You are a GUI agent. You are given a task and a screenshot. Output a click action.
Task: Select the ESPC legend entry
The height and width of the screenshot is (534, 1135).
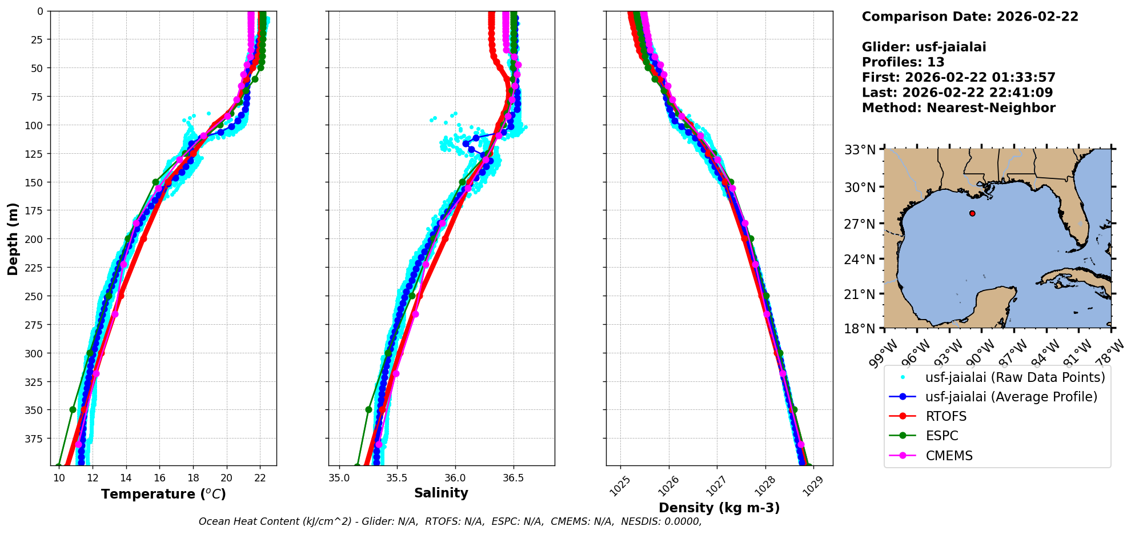point(942,436)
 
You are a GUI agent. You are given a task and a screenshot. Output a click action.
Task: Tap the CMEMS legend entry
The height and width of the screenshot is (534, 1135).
point(949,456)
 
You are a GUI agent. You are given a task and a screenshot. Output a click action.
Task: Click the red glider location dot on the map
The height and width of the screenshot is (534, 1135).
point(972,213)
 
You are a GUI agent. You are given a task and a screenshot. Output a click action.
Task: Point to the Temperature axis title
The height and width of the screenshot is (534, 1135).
point(163,494)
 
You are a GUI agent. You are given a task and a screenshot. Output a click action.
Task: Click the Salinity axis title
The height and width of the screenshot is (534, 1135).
point(441,493)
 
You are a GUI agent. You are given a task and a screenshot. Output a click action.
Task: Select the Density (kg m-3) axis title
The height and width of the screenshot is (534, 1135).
point(719,508)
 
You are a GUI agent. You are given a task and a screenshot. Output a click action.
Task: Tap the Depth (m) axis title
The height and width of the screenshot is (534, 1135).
point(13,238)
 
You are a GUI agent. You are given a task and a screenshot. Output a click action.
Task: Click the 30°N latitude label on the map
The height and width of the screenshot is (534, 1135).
point(860,187)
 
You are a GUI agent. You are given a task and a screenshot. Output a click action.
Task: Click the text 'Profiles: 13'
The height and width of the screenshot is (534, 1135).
point(903,62)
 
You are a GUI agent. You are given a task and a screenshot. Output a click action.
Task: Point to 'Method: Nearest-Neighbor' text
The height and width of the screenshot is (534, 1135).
point(958,108)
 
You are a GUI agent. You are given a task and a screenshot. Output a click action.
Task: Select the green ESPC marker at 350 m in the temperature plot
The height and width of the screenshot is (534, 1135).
point(73,410)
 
